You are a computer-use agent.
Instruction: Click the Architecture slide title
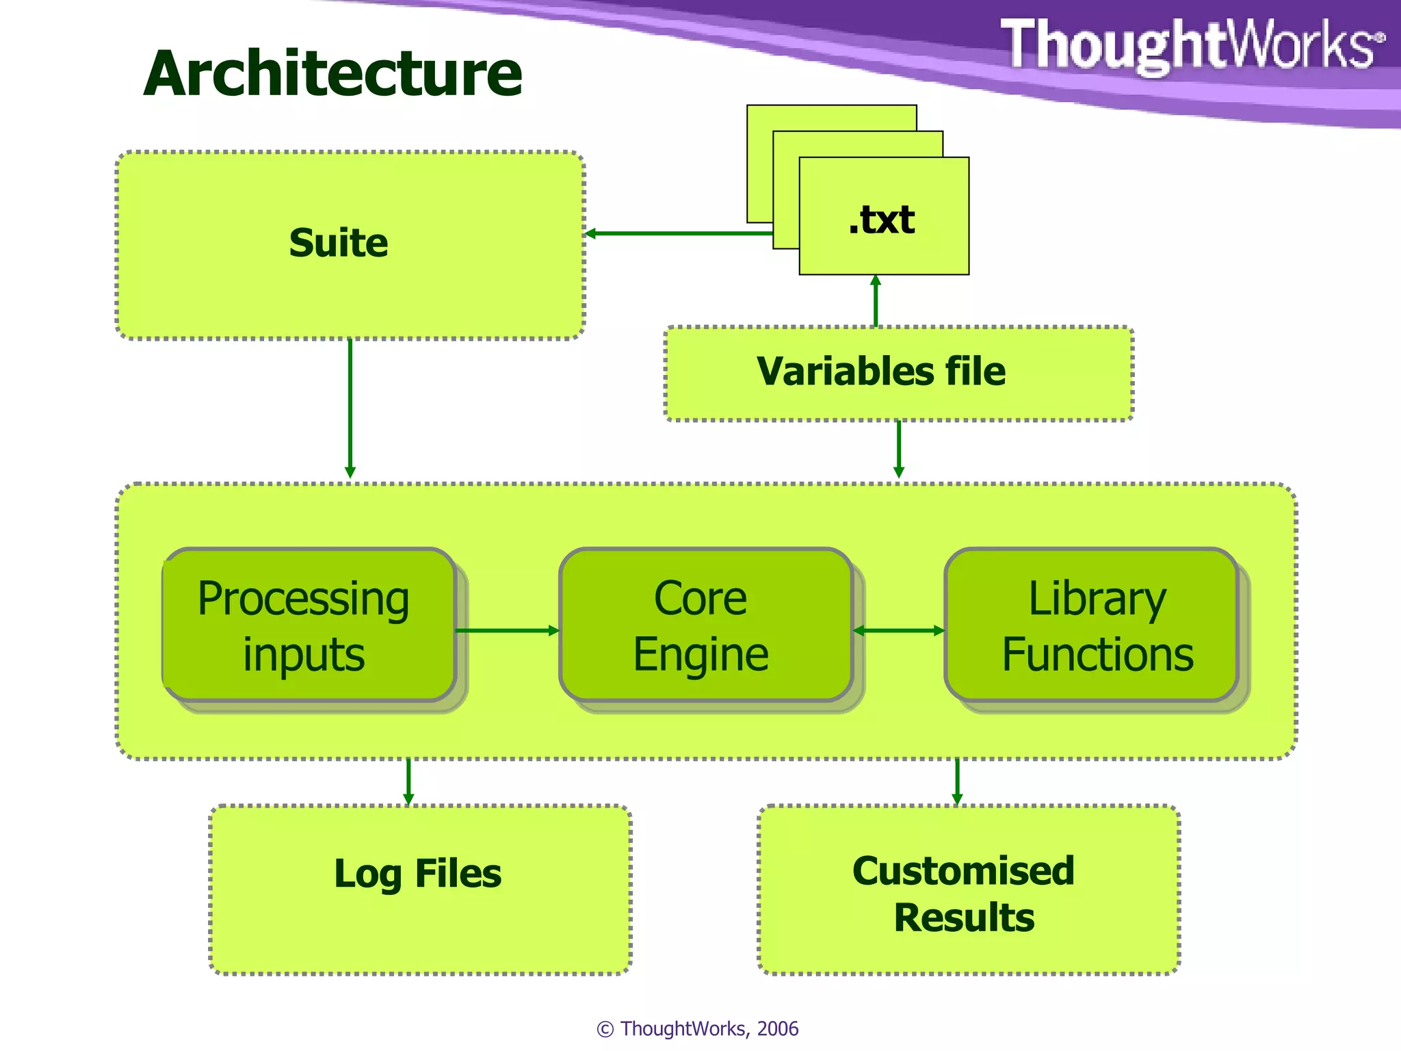pos(333,74)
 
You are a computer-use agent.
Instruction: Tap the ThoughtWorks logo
pos(1191,45)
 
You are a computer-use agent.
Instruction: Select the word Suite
pos(339,243)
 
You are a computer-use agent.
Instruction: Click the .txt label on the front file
pos(882,220)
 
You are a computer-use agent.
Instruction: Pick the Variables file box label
pos(881,372)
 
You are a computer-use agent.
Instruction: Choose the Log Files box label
pos(418,874)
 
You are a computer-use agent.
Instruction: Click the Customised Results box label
pos(964,894)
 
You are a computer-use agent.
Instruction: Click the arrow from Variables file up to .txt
pos(876,301)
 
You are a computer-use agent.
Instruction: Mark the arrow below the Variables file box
pos(899,448)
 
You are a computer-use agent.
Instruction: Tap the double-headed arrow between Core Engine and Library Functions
pos(899,630)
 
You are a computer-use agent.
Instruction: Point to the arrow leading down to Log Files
pos(408,781)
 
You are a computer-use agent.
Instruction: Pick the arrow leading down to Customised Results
pos(957,781)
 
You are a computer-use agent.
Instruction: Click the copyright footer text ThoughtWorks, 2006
pos(698,1028)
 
